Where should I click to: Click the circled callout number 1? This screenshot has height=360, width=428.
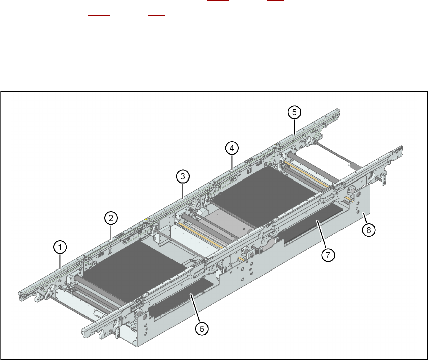[60, 247]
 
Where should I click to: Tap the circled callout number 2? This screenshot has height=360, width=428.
[111, 218]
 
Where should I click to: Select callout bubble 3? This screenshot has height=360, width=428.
[183, 176]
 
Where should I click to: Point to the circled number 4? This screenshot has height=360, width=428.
[231, 148]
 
